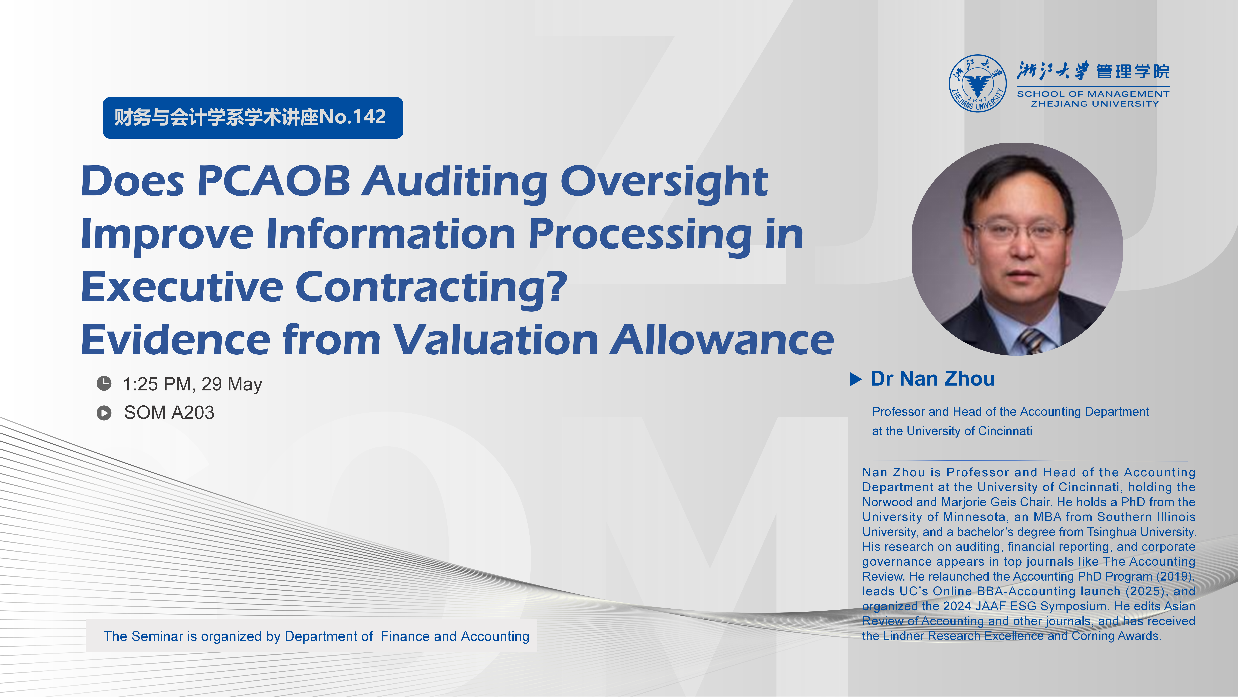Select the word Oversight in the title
(x=664, y=183)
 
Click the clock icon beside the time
(x=104, y=383)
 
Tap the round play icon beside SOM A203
(x=104, y=413)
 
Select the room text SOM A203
(x=169, y=413)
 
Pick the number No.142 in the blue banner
(x=352, y=117)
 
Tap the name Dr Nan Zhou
(x=932, y=379)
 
